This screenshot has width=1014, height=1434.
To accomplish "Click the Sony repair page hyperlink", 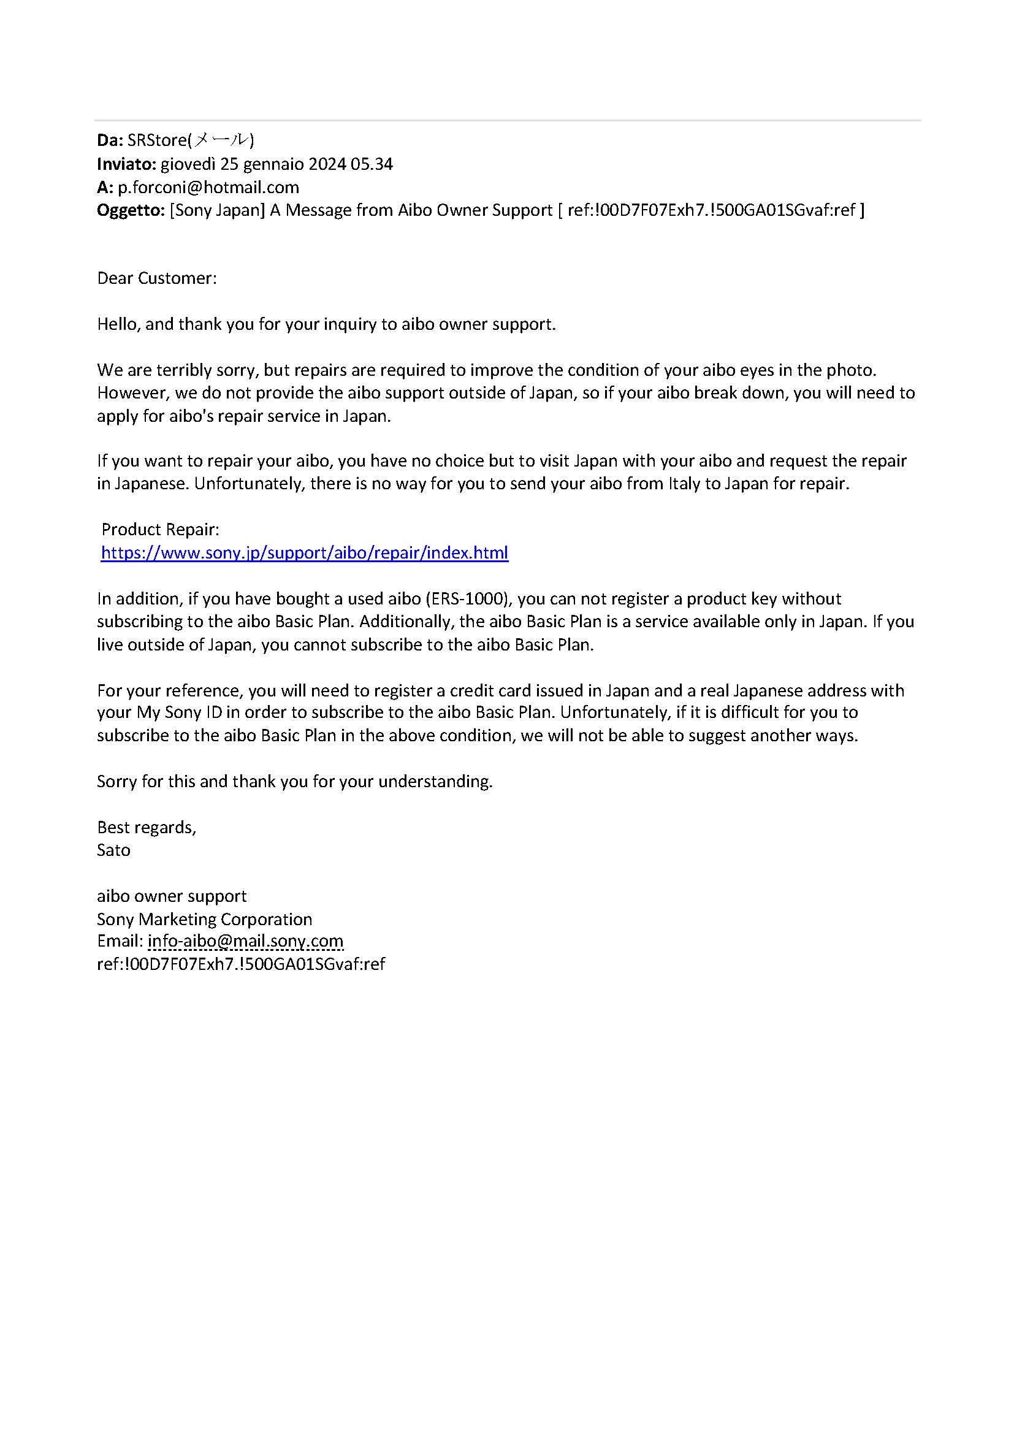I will click(x=304, y=553).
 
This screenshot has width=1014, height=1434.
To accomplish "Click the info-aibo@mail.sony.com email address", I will click(x=245, y=940).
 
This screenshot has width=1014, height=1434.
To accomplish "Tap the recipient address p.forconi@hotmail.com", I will click(x=208, y=188).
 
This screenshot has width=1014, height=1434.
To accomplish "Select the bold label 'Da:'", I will click(x=110, y=140).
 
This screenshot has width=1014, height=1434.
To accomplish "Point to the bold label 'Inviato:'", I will click(x=126, y=164).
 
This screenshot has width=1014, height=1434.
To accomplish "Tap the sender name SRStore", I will click(x=158, y=140).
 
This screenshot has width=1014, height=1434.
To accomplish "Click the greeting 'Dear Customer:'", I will click(x=157, y=278).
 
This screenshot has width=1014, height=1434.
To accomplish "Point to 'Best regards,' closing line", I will click(x=147, y=828).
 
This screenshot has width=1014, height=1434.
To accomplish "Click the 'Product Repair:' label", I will click(x=161, y=530).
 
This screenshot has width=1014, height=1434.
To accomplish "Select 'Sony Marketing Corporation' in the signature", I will click(x=204, y=919).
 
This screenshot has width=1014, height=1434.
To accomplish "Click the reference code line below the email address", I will click(x=241, y=964).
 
